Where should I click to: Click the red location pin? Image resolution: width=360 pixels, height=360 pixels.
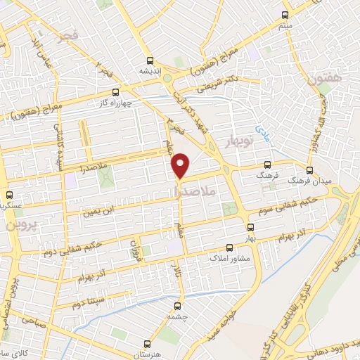[x=181, y=165]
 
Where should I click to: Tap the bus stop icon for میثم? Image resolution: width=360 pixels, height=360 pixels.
[x=285, y=15]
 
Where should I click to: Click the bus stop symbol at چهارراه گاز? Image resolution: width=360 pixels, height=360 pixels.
[x=115, y=91]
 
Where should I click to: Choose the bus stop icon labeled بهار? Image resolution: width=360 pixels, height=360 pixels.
[x=250, y=227]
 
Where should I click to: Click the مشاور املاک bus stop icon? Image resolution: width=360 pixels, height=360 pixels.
[x=229, y=248]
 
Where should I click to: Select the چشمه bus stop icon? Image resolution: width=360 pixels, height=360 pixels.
[x=176, y=307]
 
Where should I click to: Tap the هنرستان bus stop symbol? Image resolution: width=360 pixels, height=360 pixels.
[x=147, y=345]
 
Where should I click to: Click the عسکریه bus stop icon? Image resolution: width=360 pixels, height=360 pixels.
[x=8, y=195]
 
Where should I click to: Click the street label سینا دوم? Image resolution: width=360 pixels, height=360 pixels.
[x=88, y=302]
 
